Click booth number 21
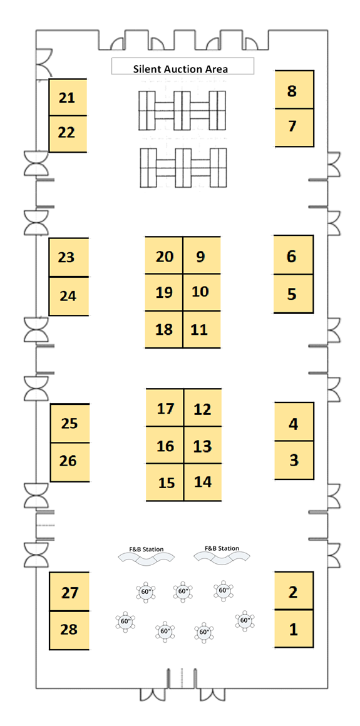pyautogui.click(x=68, y=97)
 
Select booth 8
pyautogui.click(x=294, y=90)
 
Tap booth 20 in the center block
pyautogui.click(x=164, y=255)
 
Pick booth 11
pyautogui.click(x=202, y=329)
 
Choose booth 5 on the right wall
pyautogui.click(x=293, y=294)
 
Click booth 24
pyautogui.click(x=69, y=296)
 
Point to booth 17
pyautogui.click(x=165, y=407)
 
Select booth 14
pyautogui.click(x=202, y=482)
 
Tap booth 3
pyautogui.click(x=294, y=460)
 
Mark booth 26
pyautogui.click(x=69, y=462)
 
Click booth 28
pyautogui.click(x=69, y=630)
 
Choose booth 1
pyautogui.click(x=294, y=628)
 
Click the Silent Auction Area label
pyautogui.click(x=181, y=69)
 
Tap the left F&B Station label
pyautogui.click(x=146, y=549)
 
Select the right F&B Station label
pyautogui.click(x=222, y=548)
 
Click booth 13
pyautogui.click(x=202, y=445)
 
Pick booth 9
pyautogui.click(x=202, y=255)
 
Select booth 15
pyautogui.click(x=165, y=483)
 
